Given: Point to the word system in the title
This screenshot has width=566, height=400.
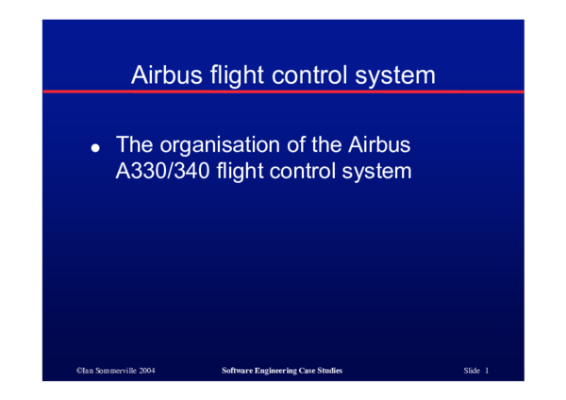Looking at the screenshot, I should point(399,75).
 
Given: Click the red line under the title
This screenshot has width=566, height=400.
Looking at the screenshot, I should point(283,92).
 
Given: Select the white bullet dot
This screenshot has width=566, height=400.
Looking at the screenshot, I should point(94,149).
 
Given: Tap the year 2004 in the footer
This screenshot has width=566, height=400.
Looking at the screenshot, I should point(147,372).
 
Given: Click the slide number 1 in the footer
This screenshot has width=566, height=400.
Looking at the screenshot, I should point(487,372).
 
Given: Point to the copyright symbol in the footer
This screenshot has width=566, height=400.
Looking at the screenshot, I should point(79,372).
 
